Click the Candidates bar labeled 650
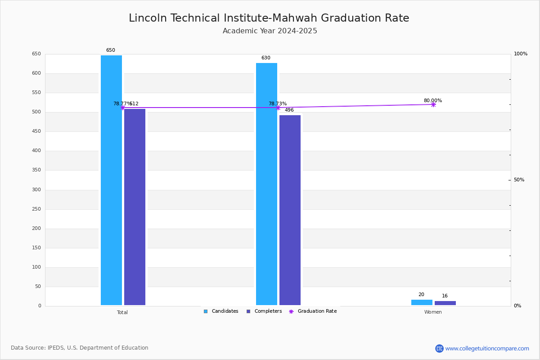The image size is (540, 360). (x=111, y=180)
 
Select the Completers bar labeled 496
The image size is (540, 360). (x=290, y=210)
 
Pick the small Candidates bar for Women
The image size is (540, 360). (x=422, y=302)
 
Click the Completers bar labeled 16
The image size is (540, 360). (x=445, y=303)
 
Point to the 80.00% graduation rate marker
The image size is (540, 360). (x=433, y=104)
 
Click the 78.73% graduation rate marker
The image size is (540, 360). (x=278, y=108)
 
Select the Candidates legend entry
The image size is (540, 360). (x=221, y=311)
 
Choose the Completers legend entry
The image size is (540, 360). (x=264, y=311)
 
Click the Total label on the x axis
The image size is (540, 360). (x=122, y=312)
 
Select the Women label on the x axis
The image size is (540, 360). (x=433, y=312)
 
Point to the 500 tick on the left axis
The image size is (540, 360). (x=36, y=112)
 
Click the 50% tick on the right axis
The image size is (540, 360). (x=519, y=180)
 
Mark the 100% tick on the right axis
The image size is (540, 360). (x=520, y=54)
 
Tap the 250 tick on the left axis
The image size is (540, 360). (x=36, y=209)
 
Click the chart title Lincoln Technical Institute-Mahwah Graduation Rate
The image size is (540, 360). (x=269, y=18)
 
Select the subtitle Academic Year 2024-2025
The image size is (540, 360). (x=270, y=31)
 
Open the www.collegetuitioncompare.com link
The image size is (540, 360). (x=487, y=348)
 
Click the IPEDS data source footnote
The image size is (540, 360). (x=80, y=348)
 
